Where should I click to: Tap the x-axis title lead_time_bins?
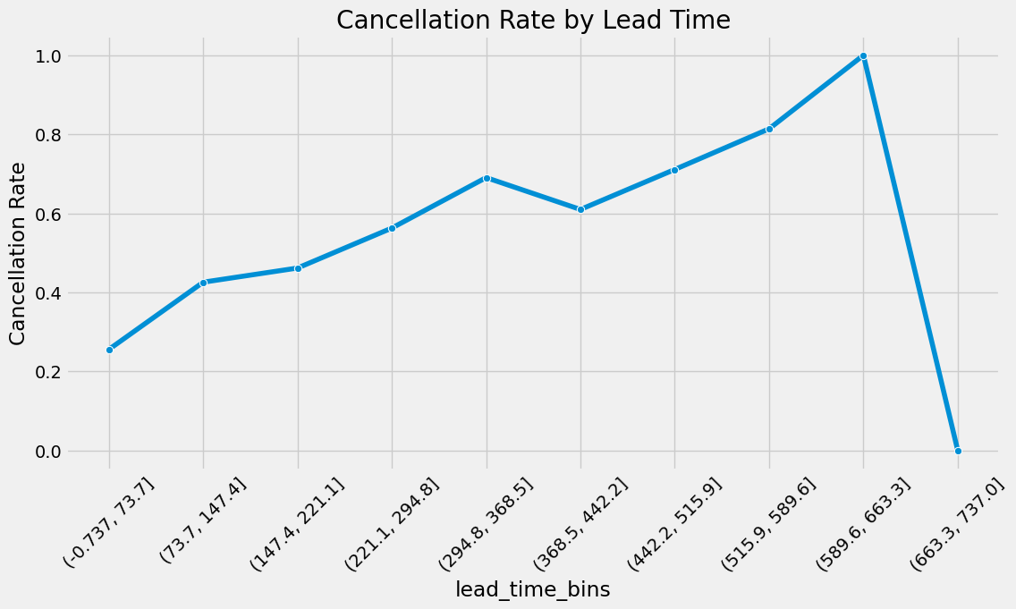[532, 589]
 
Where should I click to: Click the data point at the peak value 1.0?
[863, 56]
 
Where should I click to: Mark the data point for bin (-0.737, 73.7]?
[109, 350]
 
